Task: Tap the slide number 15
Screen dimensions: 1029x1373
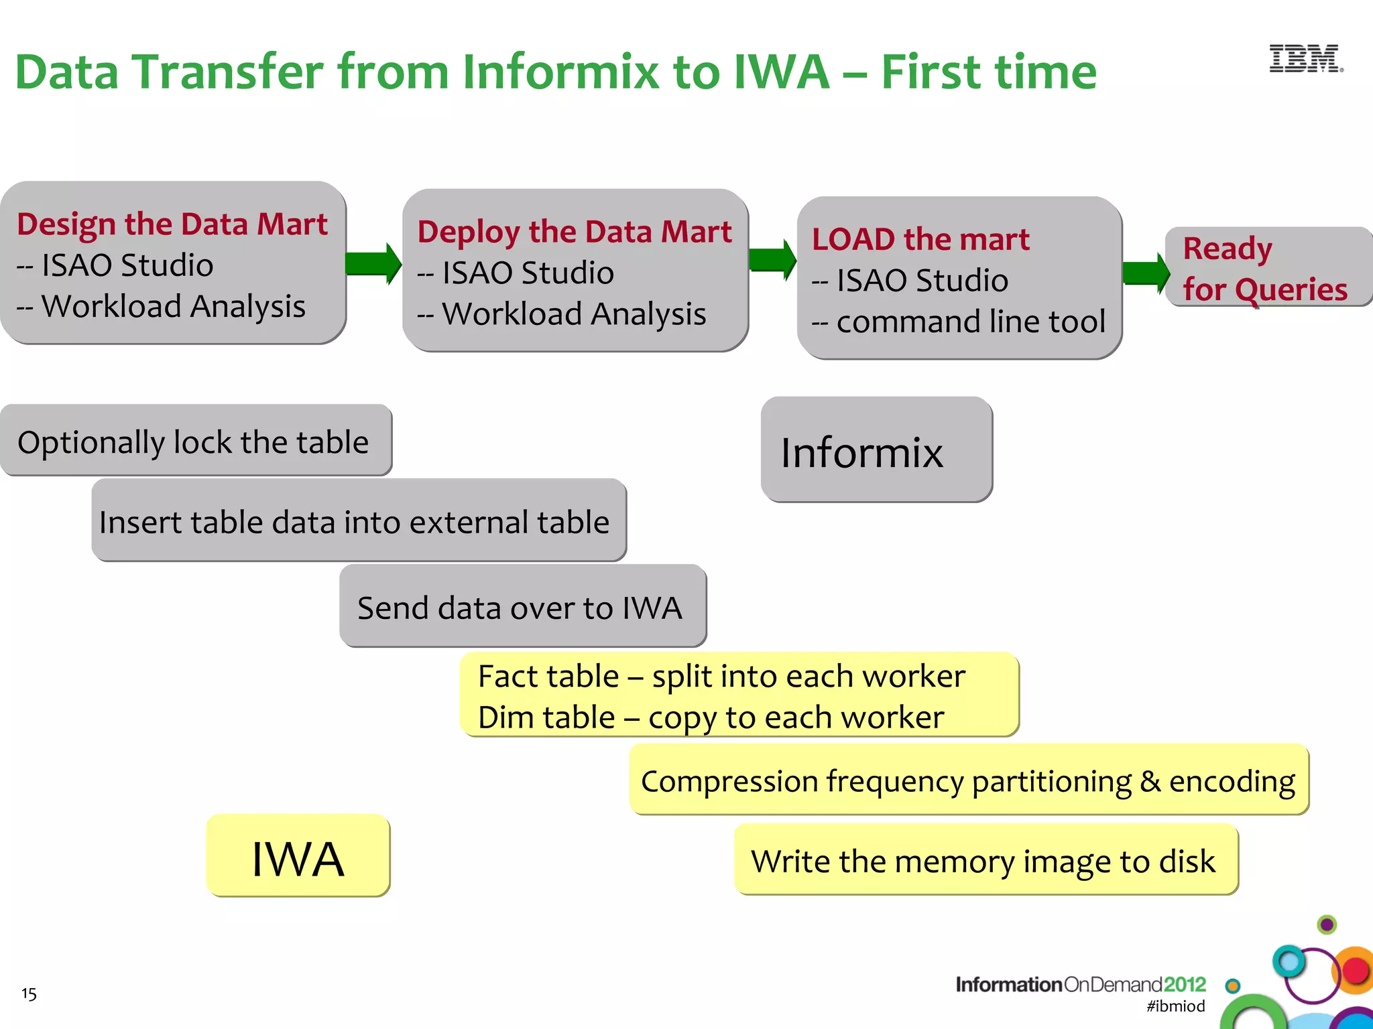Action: pyautogui.click(x=29, y=993)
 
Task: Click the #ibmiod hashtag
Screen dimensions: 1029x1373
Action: pyautogui.click(x=1175, y=1006)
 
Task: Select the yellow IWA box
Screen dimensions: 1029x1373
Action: pyautogui.click(x=298, y=856)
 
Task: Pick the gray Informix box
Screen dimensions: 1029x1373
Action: pyautogui.click(x=876, y=450)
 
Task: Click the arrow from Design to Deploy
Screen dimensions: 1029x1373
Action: pyautogui.click(x=373, y=263)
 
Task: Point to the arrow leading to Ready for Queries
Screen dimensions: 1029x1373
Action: pyautogui.click(x=1145, y=273)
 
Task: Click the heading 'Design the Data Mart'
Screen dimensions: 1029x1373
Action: pyautogui.click(x=172, y=224)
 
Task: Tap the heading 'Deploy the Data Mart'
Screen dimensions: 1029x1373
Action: pyautogui.click(x=574, y=232)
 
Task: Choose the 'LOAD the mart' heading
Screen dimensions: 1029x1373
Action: pyautogui.click(x=920, y=239)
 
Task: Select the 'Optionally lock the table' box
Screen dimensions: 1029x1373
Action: pyautogui.click(x=195, y=441)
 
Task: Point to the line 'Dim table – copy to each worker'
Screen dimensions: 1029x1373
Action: pyautogui.click(x=711, y=717)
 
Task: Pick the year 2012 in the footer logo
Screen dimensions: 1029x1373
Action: pyautogui.click(x=1185, y=984)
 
